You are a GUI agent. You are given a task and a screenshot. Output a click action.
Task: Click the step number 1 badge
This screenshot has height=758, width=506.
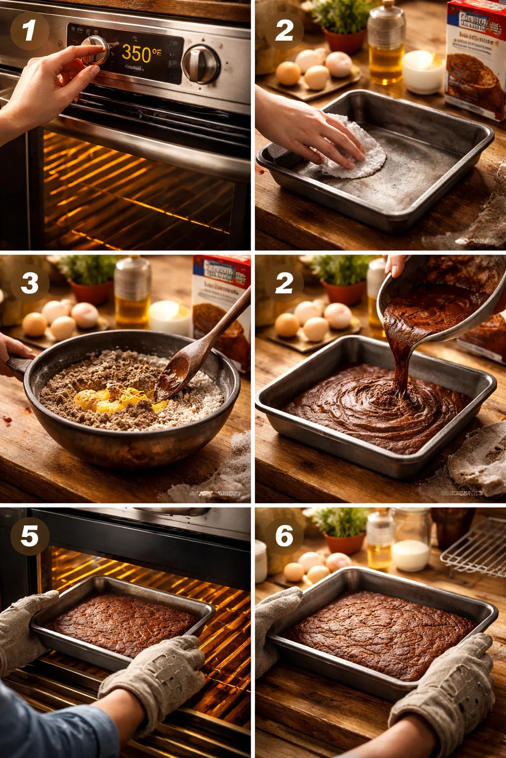[29, 30]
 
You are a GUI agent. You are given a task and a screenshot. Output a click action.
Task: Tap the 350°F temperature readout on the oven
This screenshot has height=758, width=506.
[141, 53]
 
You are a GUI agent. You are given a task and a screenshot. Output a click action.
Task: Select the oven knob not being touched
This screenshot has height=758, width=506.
[201, 64]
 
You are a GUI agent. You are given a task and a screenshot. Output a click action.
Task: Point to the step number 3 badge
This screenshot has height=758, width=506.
[30, 283]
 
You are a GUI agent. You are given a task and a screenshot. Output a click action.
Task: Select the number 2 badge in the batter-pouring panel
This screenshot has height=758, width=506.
[284, 283]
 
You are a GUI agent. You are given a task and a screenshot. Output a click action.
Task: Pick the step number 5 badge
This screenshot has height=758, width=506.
[29, 536]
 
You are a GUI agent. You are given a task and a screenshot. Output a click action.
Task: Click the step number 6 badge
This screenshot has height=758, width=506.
[284, 536]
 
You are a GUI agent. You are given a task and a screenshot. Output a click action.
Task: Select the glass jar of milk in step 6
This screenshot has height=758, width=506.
[410, 543]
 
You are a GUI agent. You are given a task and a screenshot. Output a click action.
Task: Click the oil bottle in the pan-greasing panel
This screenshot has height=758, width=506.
[385, 44]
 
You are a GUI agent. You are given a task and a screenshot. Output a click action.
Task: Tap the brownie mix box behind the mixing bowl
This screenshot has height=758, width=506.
[221, 306]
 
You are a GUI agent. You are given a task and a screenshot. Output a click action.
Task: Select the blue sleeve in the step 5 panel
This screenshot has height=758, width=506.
[49, 725]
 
